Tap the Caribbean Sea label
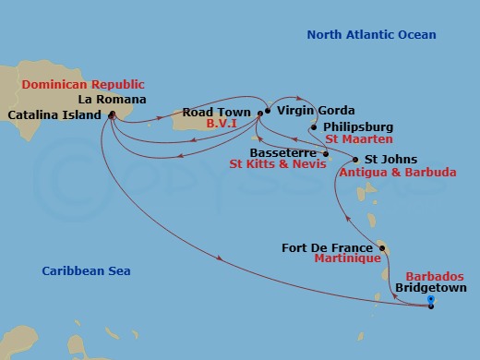coord(86,271)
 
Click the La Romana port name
coord(110,99)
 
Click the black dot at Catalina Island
coord(112,114)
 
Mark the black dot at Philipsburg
coord(314,127)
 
